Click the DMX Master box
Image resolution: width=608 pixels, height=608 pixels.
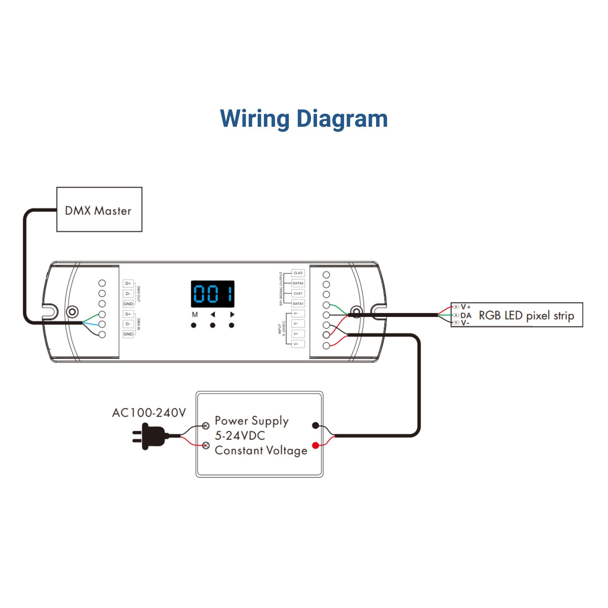[x=99, y=209]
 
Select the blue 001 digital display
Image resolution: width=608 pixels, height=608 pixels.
[x=213, y=294]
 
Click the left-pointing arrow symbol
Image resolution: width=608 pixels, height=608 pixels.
[x=213, y=314]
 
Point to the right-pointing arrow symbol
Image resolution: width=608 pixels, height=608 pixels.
[x=232, y=314]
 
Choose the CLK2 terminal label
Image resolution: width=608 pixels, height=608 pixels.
[x=298, y=273]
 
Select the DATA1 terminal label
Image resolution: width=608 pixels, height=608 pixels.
[x=298, y=304]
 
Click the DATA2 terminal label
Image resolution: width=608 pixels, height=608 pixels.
[x=298, y=283]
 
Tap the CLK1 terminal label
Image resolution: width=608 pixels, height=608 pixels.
[x=298, y=293]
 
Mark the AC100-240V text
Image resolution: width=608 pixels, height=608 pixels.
[x=149, y=413]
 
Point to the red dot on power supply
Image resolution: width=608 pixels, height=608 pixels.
[x=315, y=445]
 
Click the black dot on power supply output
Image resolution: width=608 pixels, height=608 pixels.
[x=315, y=426]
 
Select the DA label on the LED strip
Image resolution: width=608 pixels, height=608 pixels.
[x=466, y=315]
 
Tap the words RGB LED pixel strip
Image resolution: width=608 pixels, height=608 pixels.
[x=526, y=315]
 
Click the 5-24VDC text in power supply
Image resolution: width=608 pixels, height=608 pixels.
[x=240, y=436]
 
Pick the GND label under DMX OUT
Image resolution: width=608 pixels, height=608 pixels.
[x=128, y=304]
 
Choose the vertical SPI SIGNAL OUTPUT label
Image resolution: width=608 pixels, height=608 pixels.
[x=281, y=288]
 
